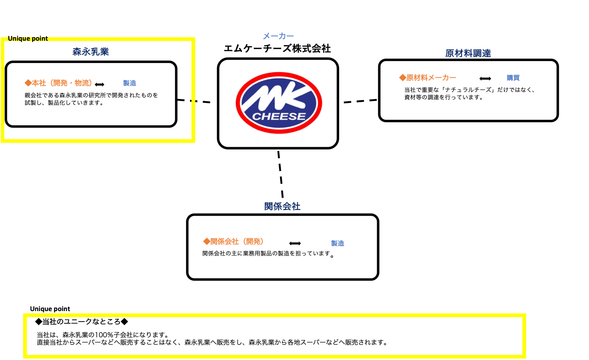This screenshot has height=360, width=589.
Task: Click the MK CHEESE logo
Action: pyautogui.click(x=279, y=103)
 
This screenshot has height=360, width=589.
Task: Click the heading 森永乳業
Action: pyautogui.click(x=91, y=52)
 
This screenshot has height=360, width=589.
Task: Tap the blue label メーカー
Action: pyautogui.click(x=278, y=36)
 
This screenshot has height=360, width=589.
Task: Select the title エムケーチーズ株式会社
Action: pyautogui.click(x=277, y=49)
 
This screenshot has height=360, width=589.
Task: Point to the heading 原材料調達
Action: pyautogui.click(x=468, y=53)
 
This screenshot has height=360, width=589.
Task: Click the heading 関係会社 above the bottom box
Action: pyautogui.click(x=282, y=206)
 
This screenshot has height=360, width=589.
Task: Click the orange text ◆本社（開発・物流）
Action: pyautogui.click(x=58, y=83)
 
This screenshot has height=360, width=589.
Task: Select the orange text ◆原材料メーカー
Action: pyautogui.click(x=428, y=77)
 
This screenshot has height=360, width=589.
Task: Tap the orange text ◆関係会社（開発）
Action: pyautogui.click(x=233, y=241)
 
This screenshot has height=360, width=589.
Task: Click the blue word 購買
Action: pyautogui.click(x=513, y=78)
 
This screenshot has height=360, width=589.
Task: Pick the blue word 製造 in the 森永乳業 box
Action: pyautogui.click(x=130, y=83)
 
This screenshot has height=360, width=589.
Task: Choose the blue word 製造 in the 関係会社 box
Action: pyautogui.click(x=338, y=243)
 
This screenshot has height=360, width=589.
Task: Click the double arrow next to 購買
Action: pyautogui.click(x=485, y=79)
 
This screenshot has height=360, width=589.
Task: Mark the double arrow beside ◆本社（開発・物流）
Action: pyautogui.click(x=99, y=85)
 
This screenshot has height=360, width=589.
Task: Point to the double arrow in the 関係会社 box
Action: pyautogui.click(x=295, y=243)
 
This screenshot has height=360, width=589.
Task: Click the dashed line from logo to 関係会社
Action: pyautogui.click(x=280, y=174)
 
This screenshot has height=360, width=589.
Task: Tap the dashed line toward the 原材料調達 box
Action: pyautogui.click(x=360, y=101)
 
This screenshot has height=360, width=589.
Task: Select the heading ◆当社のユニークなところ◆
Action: pyautogui.click(x=81, y=321)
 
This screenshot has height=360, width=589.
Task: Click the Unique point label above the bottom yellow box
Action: pyautogui.click(x=50, y=309)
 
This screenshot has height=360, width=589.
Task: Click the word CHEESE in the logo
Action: pyautogui.click(x=279, y=116)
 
